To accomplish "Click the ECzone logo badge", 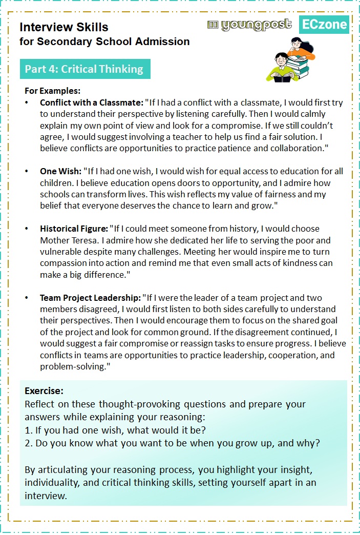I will pos(324,24).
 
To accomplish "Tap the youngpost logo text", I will pos(250,25).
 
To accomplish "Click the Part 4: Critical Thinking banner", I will pos(85,69).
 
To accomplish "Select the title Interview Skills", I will pos(64,27).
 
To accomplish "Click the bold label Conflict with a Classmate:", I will pos(92,102).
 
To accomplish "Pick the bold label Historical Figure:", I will pos(74,229).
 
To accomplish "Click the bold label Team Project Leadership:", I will pos(90,298).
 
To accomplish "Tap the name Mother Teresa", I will pos(66,240).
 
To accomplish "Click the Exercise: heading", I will pos(44,390).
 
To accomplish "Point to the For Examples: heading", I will pos(53,91).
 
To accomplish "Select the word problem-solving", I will pos(74,367).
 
